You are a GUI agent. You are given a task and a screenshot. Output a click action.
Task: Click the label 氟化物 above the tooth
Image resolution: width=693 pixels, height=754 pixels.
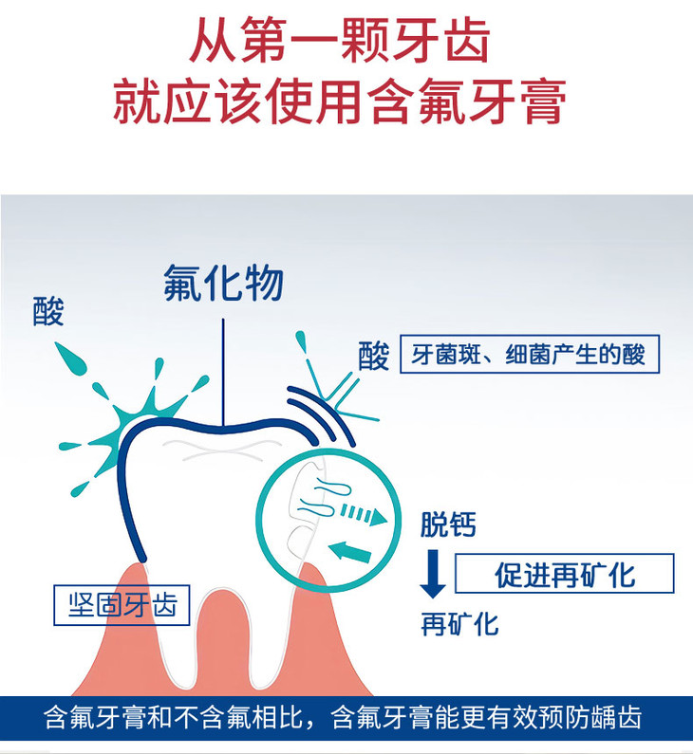pos(224,282)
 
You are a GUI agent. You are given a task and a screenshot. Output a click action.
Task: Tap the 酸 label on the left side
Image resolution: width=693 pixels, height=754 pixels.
pos(48,311)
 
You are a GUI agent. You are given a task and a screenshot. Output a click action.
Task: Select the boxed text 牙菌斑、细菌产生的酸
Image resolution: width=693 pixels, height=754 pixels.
pos(529,356)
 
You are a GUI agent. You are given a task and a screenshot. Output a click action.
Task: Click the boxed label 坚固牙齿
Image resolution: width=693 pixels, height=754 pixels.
pos(122,604)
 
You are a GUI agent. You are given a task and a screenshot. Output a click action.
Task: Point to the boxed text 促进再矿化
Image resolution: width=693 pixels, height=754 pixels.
pos(564,574)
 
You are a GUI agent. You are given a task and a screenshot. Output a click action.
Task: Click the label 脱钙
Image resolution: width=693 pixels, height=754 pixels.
pos(448,524)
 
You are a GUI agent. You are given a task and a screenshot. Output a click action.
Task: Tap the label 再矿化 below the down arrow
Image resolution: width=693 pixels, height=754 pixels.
pos(459,623)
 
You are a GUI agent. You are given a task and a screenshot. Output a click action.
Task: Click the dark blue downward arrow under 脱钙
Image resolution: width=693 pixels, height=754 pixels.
pos(432,574)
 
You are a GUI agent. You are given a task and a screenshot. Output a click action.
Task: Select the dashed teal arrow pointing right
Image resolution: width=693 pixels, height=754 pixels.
pos(364,515)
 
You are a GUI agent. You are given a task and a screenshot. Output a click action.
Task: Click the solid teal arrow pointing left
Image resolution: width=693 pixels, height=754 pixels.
pos(349,549)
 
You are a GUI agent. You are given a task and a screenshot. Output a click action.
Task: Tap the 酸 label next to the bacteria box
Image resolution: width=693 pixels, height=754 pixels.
pos(373,356)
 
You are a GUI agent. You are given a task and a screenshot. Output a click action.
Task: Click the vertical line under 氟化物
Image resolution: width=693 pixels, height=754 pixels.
pos(224,370)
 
